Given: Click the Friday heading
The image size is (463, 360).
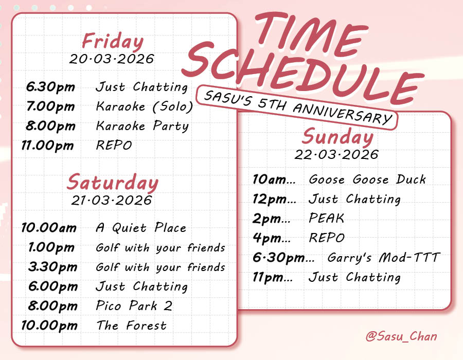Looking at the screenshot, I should click(113, 41).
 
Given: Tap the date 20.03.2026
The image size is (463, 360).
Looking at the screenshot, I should click(112, 59).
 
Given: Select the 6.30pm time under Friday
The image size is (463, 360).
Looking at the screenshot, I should click(50, 87).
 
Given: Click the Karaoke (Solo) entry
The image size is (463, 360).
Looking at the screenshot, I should click(145, 106).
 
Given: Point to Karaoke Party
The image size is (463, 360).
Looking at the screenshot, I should click(143, 126).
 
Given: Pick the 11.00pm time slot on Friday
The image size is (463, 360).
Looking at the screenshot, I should click(48, 146).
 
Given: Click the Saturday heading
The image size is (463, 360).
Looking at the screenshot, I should click(113, 183).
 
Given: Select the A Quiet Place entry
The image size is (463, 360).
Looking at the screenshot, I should click(141, 228).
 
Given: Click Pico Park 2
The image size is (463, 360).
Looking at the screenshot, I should click(134, 306).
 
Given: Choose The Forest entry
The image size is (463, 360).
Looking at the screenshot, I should click(131, 326).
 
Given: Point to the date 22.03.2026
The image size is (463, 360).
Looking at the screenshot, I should click(337, 154).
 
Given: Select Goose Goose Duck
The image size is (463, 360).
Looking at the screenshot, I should click(367, 179).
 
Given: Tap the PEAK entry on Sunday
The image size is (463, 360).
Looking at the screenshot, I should click(326, 218).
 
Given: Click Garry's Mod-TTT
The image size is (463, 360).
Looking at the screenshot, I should click(384, 258).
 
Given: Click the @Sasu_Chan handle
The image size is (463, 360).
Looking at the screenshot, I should click(401, 337).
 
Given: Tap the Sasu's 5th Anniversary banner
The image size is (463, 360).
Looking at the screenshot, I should click(297, 106).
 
